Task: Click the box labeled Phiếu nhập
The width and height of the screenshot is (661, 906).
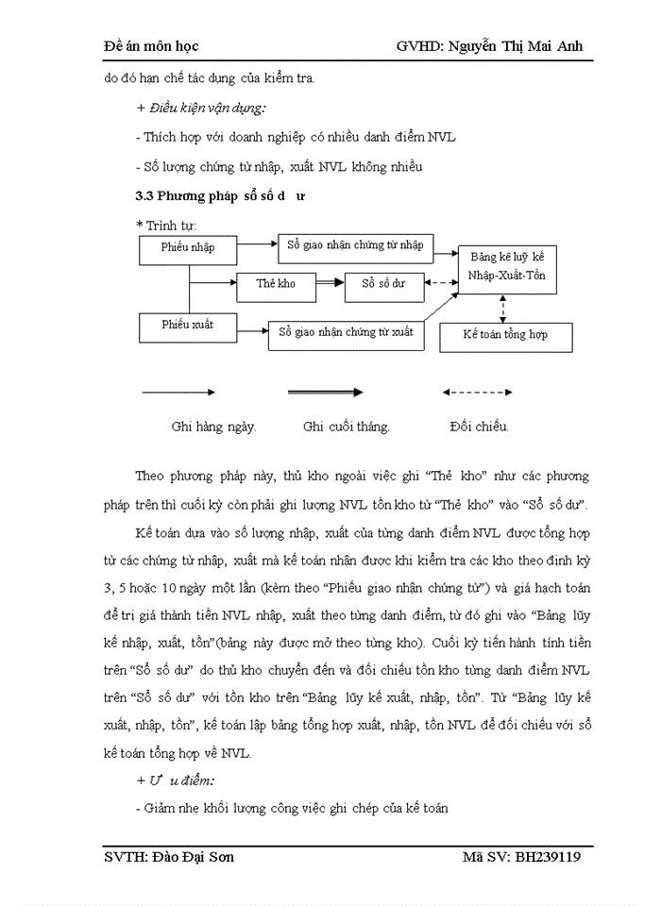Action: point(188,248)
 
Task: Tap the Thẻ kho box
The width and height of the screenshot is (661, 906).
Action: point(275,283)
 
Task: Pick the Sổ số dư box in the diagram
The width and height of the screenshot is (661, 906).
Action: point(382,283)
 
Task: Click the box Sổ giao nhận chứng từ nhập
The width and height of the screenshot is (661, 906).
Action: point(354,245)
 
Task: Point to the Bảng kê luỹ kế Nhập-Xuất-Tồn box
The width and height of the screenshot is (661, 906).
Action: point(506,268)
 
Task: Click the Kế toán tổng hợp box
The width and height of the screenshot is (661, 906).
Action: point(505,335)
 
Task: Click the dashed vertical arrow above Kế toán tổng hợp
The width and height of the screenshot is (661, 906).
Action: point(504,308)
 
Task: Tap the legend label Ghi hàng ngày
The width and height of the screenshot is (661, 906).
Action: point(213,426)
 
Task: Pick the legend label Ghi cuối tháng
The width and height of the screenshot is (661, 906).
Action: point(346,426)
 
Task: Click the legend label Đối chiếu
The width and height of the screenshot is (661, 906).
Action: point(479,426)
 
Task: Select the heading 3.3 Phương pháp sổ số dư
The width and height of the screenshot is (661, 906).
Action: point(220,196)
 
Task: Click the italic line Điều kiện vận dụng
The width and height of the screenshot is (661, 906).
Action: point(192,108)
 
